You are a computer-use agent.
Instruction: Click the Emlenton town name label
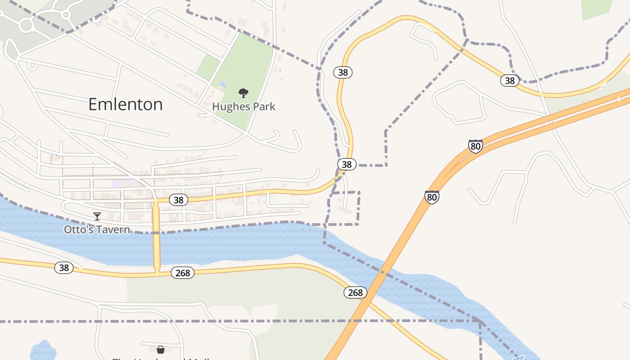[x=125, y=104]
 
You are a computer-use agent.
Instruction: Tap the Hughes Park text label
[x=243, y=107]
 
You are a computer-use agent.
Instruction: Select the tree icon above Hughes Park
[x=243, y=93]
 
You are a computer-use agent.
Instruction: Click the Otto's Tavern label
[x=97, y=229]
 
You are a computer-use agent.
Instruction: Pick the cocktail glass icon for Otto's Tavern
[x=97, y=216]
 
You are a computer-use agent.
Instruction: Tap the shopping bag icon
[x=160, y=349]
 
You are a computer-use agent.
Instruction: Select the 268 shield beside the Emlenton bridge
[x=183, y=273]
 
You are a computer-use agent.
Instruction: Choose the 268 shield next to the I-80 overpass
[x=355, y=292]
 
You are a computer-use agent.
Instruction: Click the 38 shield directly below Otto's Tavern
[x=64, y=268]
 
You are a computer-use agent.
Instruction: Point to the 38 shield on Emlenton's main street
[x=179, y=200]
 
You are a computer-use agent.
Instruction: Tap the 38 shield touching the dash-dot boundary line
[x=346, y=164]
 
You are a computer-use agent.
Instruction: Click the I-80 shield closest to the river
[x=432, y=197]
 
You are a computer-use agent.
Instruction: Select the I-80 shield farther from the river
[x=475, y=146]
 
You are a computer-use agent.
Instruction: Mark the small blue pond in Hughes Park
[x=223, y=85]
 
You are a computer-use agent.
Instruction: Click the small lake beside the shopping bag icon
[x=43, y=351]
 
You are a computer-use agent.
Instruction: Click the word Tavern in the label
[x=114, y=229]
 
